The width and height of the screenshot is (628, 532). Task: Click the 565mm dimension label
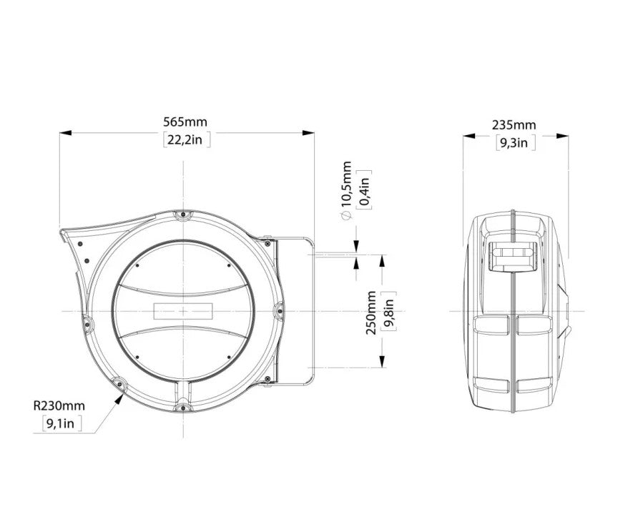185,122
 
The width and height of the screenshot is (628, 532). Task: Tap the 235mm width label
514,125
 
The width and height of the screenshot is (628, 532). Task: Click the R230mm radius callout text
59,406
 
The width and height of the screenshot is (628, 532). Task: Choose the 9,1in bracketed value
62,424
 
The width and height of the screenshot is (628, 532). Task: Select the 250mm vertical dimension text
371,312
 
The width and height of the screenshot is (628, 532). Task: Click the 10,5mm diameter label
347,183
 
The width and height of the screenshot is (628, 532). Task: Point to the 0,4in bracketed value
365,189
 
